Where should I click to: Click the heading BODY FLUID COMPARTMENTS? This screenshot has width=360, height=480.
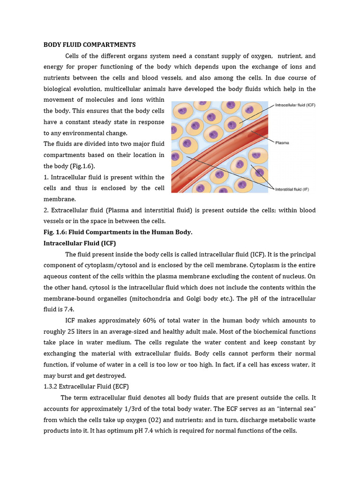(x=90, y=45)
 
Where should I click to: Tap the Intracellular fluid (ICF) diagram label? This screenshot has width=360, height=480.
(x=295, y=105)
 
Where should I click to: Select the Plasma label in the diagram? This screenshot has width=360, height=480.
(x=282, y=143)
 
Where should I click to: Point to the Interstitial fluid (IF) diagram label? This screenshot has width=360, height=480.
(x=292, y=189)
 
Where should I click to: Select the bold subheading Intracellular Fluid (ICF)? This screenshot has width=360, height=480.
(x=80, y=243)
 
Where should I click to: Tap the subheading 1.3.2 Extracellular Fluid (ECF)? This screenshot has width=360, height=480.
(x=86, y=387)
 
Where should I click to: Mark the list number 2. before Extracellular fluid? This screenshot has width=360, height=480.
(x=46, y=210)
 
